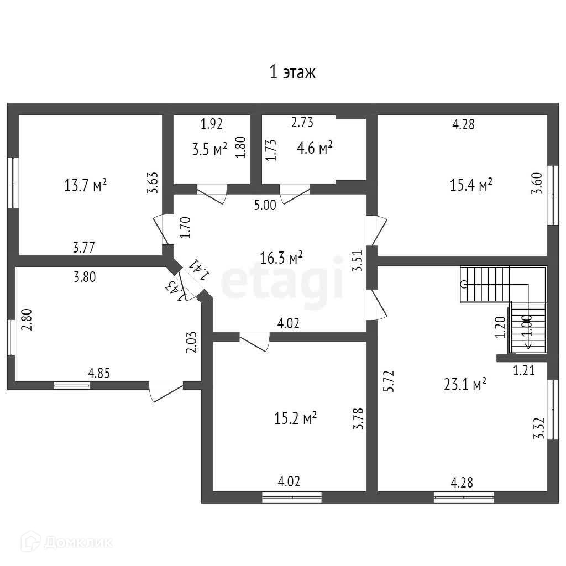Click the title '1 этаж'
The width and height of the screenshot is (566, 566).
click(x=292, y=72)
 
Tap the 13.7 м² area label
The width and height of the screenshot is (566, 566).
click(x=85, y=186)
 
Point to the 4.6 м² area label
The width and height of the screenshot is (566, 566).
click(x=315, y=148)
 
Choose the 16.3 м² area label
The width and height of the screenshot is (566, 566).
click(x=281, y=257)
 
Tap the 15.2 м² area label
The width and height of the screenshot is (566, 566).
click(x=295, y=418)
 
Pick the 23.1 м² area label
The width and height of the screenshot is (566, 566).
click(x=465, y=384)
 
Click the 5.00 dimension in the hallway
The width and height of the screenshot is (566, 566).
click(x=265, y=206)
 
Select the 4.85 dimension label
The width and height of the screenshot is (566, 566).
click(x=99, y=373)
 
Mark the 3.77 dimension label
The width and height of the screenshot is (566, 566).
click(x=83, y=248)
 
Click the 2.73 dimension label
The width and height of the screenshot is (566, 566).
click(x=302, y=123)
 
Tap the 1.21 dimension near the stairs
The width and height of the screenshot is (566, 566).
click(x=525, y=371)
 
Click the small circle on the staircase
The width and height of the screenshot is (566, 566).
click(x=464, y=284)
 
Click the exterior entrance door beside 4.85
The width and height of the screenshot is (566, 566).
click(x=165, y=391)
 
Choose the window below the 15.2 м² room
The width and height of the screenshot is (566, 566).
click(x=292, y=497)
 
